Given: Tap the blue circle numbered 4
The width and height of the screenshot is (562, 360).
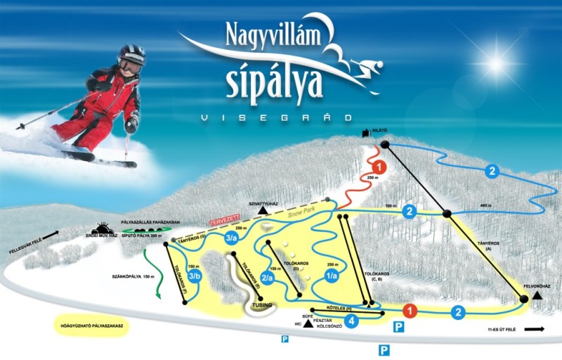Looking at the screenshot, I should [353, 322].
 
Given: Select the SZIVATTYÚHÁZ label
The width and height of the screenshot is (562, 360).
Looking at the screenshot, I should [263, 203].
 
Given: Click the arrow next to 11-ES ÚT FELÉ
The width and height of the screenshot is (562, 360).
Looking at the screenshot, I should [535, 328].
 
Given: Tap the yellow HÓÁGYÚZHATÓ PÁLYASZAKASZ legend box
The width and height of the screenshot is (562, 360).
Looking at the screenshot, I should [86, 326].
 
